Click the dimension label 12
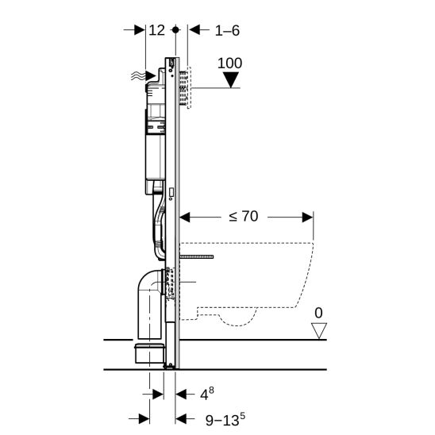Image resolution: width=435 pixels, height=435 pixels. tap(156, 29)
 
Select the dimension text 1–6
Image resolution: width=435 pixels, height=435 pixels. tap(227, 29)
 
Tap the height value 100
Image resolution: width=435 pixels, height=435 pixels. tap(229, 63)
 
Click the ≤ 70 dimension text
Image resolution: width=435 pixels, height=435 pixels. tap(244, 215)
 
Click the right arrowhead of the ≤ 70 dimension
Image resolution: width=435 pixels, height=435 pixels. tap(307, 215)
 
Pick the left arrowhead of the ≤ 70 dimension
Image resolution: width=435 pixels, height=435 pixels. tap(185, 215)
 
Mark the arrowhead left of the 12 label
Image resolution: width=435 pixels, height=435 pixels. tap(140, 29)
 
